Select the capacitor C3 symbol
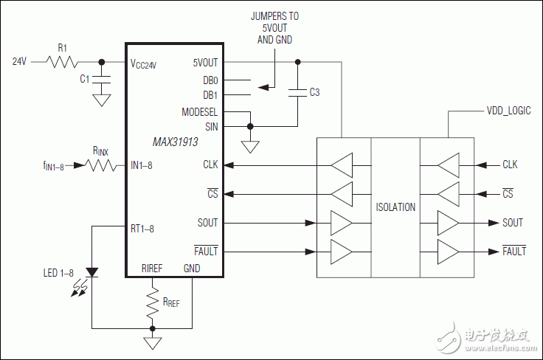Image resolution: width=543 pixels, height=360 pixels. (x=297, y=91)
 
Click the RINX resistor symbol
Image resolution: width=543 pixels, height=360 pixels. (x=100, y=166)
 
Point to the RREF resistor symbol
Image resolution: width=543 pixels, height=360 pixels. (x=153, y=302)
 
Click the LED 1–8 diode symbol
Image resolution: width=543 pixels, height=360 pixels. (x=91, y=272)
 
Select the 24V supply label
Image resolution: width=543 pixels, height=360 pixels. (x=20, y=62)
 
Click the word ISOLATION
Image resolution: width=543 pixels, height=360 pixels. (x=395, y=207)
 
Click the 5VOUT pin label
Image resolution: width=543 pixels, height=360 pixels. (x=204, y=63)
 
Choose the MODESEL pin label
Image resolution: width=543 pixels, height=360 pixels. (x=199, y=111)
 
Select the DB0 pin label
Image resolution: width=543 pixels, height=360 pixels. (x=210, y=79)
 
